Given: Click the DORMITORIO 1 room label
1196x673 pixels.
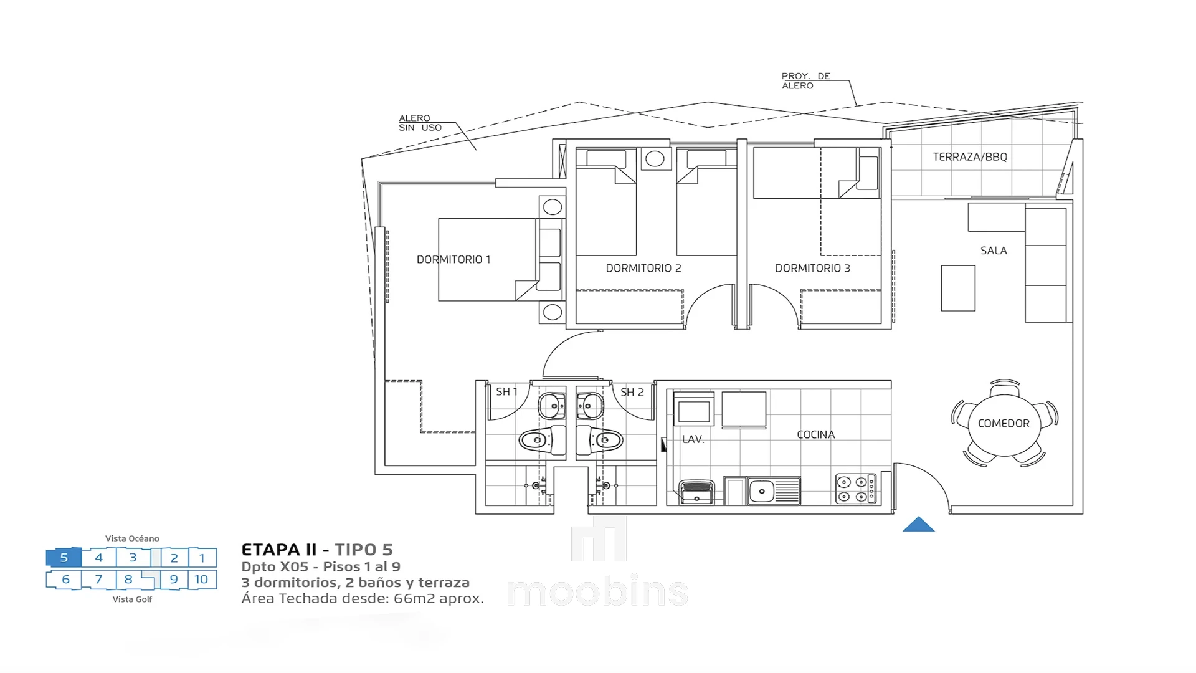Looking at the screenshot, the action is tap(453, 259).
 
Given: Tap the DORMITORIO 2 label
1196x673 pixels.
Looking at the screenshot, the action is tap(643, 268).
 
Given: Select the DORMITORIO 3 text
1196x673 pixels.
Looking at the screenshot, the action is tap(812, 268).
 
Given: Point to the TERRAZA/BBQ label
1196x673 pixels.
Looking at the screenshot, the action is tap(970, 157).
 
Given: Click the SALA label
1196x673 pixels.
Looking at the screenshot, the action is tap(994, 251).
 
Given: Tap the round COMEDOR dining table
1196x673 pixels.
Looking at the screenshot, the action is tap(1004, 424).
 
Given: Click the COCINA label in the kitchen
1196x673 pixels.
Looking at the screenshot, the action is tap(815, 434).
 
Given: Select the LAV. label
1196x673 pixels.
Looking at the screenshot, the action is tap(693, 439).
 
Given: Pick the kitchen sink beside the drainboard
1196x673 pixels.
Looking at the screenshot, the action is tap(761, 491).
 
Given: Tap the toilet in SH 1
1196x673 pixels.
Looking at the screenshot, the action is tap(542, 441).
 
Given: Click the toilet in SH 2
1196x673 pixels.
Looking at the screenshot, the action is tap(599, 441).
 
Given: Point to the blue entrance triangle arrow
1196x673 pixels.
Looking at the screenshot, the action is tap(919, 525).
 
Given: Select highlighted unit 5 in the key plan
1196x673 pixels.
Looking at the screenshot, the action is tap(64, 558).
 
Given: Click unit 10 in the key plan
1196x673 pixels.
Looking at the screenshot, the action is tap(201, 580).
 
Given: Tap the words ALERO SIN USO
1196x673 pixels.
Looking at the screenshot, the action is tap(420, 123).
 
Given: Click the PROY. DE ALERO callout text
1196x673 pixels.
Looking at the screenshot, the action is tap(806, 81).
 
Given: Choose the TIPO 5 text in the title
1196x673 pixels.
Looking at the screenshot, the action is tap(364, 550).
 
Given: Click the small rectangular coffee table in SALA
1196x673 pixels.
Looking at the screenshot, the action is tap(958, 288).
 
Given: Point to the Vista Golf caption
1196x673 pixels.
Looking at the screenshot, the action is tap(132, 599).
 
